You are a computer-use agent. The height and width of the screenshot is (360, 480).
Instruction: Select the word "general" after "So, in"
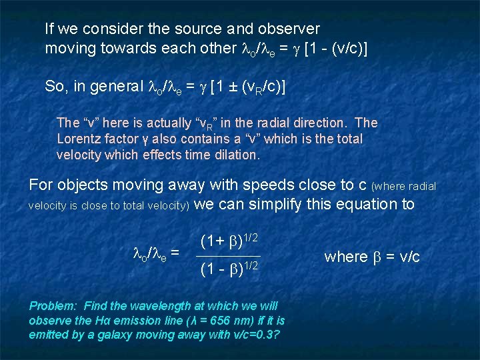(119, 86)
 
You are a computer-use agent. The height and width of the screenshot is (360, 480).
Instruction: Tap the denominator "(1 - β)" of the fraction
(219, 270)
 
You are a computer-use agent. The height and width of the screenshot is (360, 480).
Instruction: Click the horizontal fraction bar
(229, 256)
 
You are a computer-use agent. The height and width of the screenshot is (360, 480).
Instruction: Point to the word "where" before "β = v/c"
(346, 257)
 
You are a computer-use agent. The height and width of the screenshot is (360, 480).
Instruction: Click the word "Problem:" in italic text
(52, 306)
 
